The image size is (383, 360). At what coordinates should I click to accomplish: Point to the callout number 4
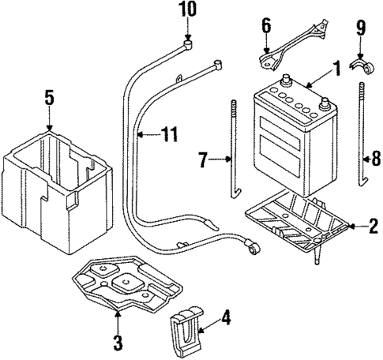[x=227, y=320]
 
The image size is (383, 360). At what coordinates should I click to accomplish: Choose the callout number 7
[x=202, y=161]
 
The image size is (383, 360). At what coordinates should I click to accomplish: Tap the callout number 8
[x=375, y=160]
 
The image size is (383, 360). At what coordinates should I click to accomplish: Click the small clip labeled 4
[x=183, y=326]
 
